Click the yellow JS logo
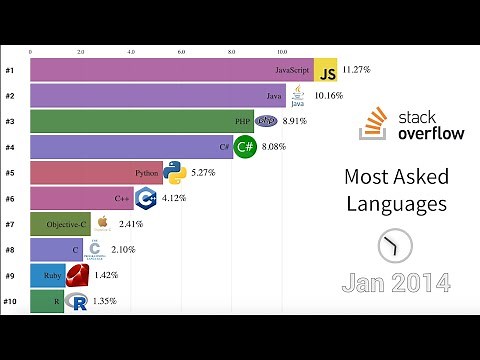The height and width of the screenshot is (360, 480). click(x=326, y=70)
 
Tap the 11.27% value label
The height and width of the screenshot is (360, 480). click(x=357, y=70)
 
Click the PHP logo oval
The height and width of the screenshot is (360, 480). click(x=265, y=121)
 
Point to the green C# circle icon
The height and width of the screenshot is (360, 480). click(x=246, y=147)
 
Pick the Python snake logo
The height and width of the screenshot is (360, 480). click(x=175, y=172)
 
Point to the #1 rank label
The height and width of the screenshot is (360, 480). click(x=9, y=70)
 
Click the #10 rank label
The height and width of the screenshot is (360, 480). click(x=10, y=301)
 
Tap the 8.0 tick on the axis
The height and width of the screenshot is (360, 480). click(x=232, y=49)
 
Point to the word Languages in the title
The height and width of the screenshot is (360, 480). click(x=396, y=204)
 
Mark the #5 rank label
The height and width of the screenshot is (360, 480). click(x=9, y=173)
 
